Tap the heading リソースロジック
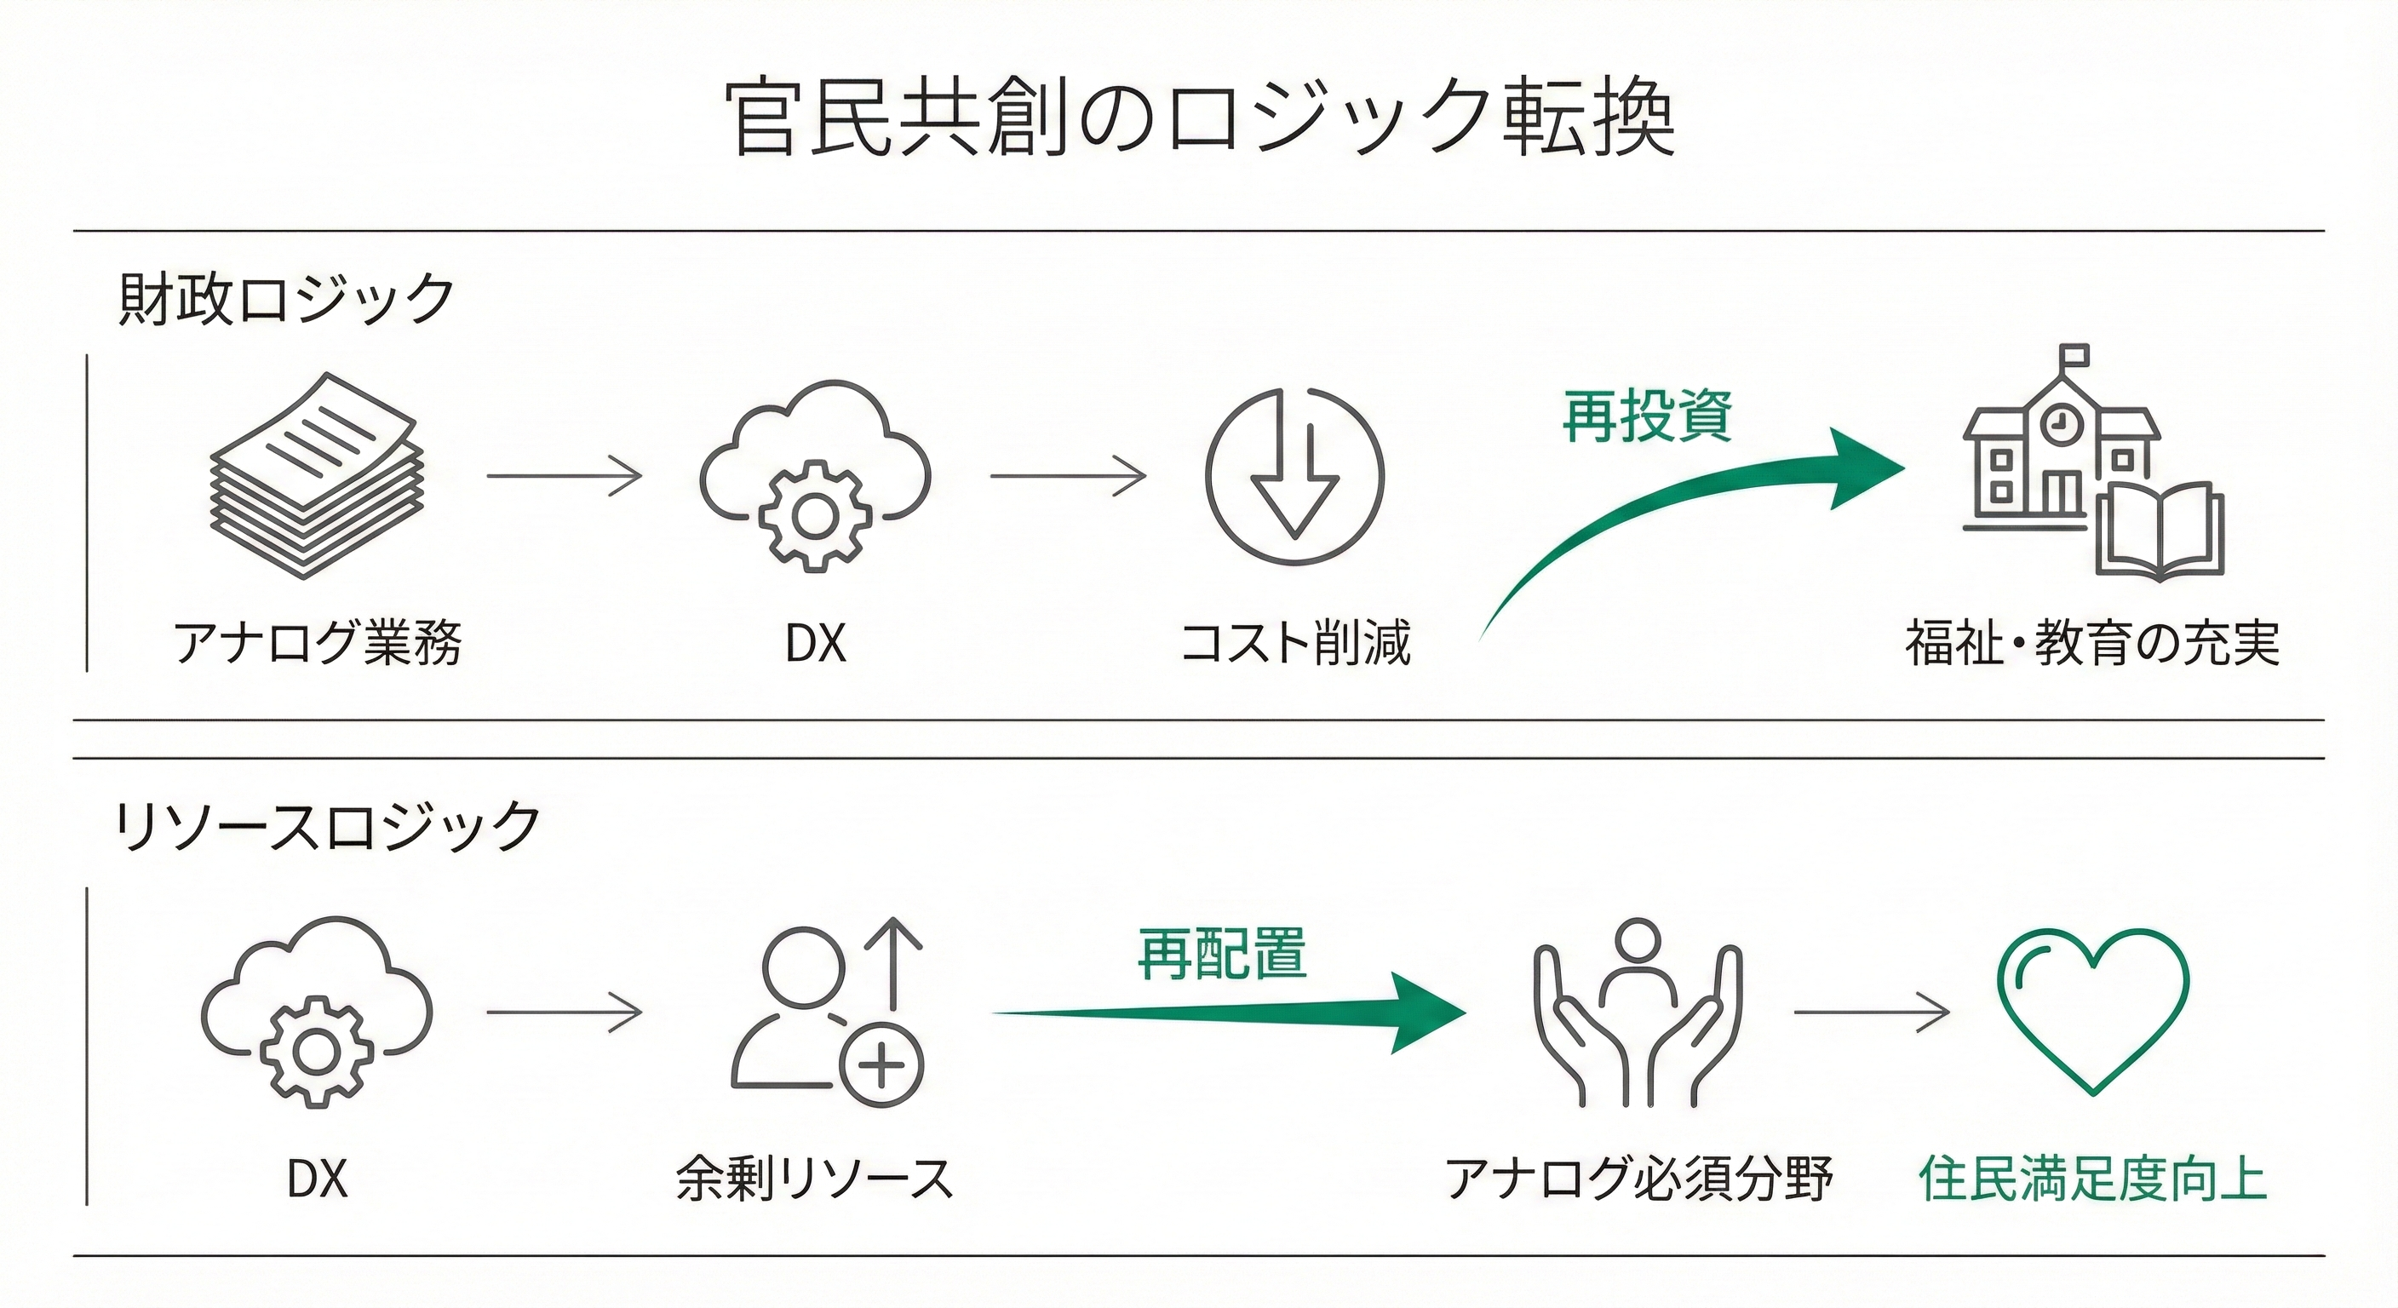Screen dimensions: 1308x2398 coord(328,826)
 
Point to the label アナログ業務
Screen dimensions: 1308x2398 coord(317,642)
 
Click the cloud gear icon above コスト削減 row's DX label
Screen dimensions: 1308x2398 coord(816,475)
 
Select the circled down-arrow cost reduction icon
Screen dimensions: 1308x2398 coord(1294,475)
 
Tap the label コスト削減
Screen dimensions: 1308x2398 coord(1294,642)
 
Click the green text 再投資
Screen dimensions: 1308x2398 coord(1647,416)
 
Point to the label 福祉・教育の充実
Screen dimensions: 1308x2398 coord(2091,642)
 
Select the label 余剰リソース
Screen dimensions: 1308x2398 coord(816,1179)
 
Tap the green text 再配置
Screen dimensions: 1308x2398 coord(1221,955)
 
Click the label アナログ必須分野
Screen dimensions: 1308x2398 coord(1638,1179)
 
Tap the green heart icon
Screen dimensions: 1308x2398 coord(2092,1010)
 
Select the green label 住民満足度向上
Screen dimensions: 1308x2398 coord(2091,1179)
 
